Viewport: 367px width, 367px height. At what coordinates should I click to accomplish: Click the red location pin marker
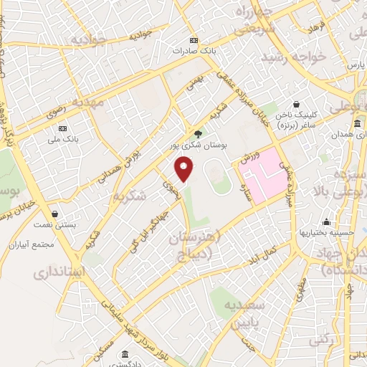pyautogui.click(x=185, y=169)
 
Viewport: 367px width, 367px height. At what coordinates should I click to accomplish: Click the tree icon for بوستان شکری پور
pyautogui.click(x=199, y=133)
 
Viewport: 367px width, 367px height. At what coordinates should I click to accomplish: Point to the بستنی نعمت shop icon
pyautogui.click(x=55, y=214)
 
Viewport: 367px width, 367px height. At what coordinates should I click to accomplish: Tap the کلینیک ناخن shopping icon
pyautogui.click(x=296, y=104)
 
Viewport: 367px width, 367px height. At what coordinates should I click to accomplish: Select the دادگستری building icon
pyautogui.click(x=125, y=354)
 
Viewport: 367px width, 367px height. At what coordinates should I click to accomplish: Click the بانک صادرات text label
pyautogui.click(x=193, y=52)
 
